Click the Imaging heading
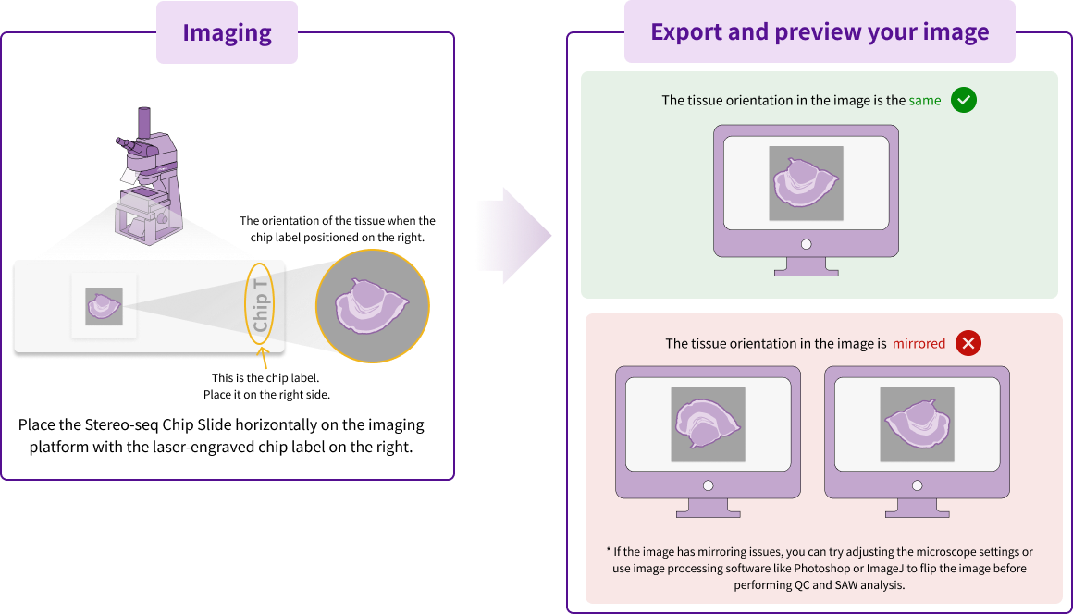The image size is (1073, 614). [x=227, y=33]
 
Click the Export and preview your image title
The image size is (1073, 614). [x=820, y=32]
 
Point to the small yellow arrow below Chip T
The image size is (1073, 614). [x=265, y=359]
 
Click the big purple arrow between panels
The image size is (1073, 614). [x=513, y=236]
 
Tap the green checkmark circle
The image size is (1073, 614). [x=964, y=100]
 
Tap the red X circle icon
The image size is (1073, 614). [x=968, y=343]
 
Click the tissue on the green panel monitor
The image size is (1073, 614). [x=806, y=183]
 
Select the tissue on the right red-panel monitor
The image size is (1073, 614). [x=917, y=424]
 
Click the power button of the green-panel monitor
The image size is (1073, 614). [x=806, y=244]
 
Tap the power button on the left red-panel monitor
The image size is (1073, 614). [x=708, y=485]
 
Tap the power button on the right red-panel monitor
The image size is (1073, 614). [x=917, y=485]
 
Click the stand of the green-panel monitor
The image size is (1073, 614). [x=806, y=267]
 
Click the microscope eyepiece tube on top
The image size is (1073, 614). [x=145, y=123]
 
